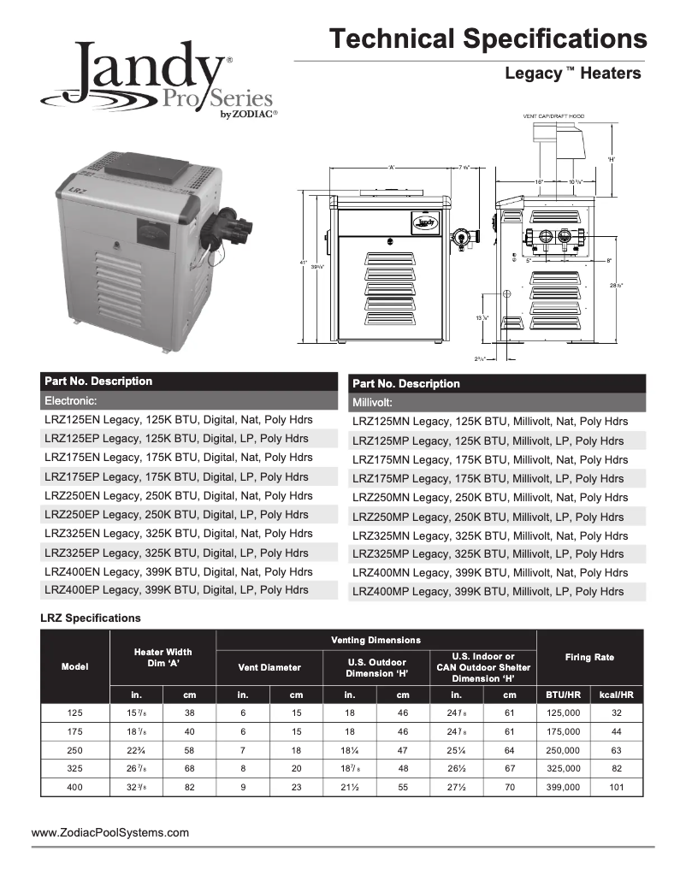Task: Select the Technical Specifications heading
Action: click(x=488, y=38)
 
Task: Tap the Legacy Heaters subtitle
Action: click(x=572, y=74)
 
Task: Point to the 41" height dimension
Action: click(x=304, y=263)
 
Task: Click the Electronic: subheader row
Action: click(x=189, y=399)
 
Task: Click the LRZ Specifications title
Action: click(x=91, y=618)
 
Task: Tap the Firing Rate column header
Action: click(x=589, y=657)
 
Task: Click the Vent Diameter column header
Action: click(x=269, y=667)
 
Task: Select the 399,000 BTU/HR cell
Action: click(x=563, y=787)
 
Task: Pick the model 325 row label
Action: click(x=75, y=768)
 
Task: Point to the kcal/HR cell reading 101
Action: click(x=616, y=787)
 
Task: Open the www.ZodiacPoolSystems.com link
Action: click(x=110, y=832)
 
